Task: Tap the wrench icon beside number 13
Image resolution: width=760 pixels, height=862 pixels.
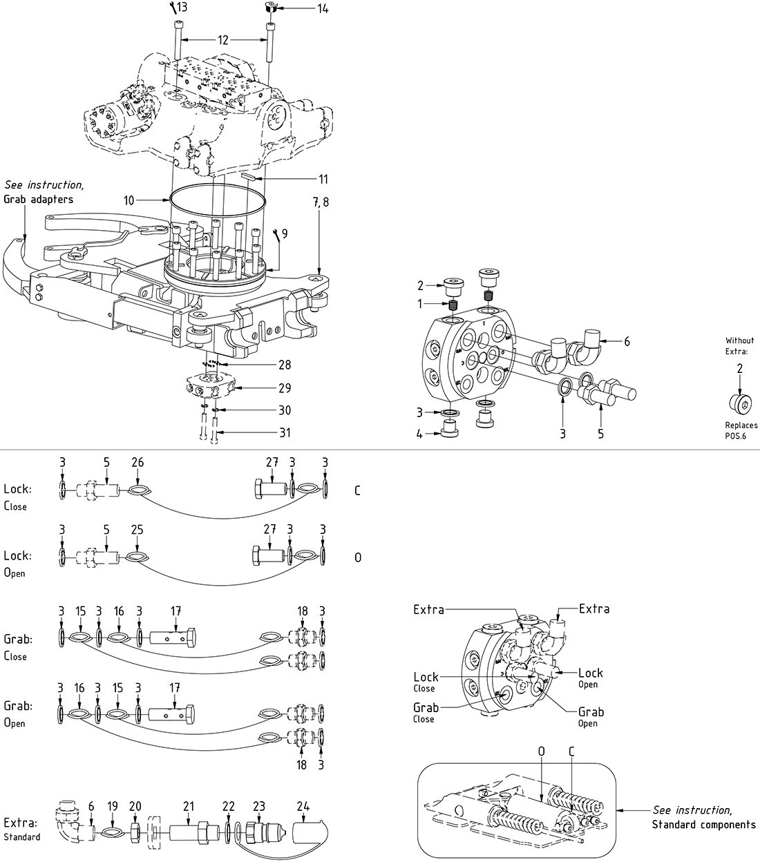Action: (172, 6)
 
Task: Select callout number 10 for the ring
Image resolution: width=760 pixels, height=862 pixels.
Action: (129, 200)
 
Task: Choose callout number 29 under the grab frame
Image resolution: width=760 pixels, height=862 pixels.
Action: (284, 388)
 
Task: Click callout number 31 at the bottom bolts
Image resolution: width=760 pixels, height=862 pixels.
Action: (284, 433)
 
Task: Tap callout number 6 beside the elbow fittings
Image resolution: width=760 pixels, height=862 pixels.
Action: (627, 341)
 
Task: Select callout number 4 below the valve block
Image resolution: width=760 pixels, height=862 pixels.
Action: (419, 434)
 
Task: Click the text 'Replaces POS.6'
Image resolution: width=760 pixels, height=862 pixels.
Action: (741, 430)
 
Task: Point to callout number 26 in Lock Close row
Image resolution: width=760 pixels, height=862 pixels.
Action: (137, 462)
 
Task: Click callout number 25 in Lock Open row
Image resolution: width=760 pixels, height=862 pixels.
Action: (137, 529)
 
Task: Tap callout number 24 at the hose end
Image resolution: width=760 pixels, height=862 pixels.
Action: (303, 805)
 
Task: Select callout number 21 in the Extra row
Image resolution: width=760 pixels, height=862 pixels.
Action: (189, 805)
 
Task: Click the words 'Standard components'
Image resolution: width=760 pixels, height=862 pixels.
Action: (703, 824)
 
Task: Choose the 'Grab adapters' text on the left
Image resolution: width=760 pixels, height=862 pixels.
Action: (38, 199)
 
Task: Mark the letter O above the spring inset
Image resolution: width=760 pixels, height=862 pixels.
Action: (541, 751)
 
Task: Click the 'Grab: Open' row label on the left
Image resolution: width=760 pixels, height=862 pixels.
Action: (17, 713)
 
